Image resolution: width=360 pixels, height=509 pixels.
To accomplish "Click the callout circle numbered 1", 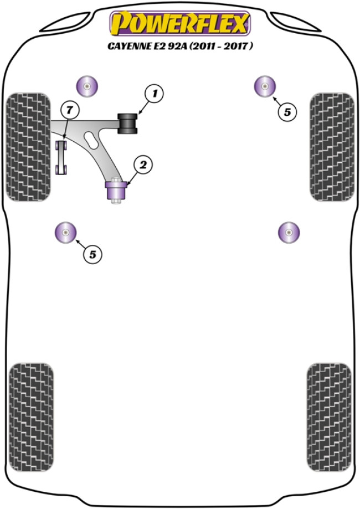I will click(155, 94).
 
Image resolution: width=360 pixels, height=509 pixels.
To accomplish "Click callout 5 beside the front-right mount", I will click(286, 112).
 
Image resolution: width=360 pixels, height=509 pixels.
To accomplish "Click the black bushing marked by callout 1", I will click(129, 122).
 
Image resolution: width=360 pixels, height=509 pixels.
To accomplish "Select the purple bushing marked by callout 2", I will click(116, 191).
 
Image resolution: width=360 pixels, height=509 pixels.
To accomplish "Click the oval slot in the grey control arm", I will click(89, 138).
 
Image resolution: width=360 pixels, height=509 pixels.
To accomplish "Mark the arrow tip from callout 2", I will click(127, 183).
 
